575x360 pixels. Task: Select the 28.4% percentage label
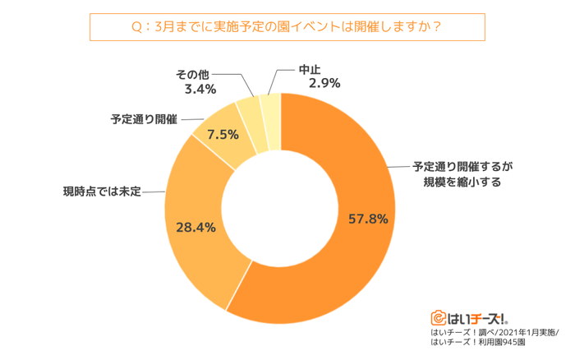(x=196, y=227)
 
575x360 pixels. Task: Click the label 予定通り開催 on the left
(x=144, y=119)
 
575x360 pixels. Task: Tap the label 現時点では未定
(x=103, y=192)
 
